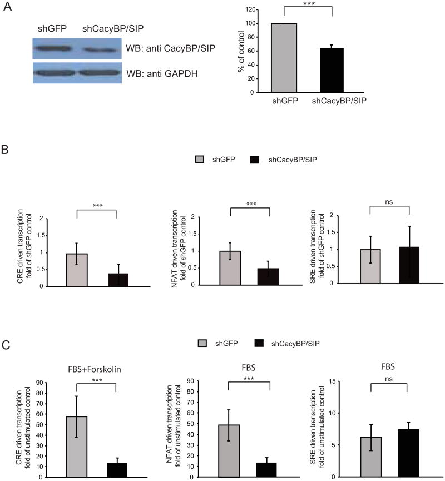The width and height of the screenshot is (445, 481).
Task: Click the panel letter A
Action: [x=8, y=7]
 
